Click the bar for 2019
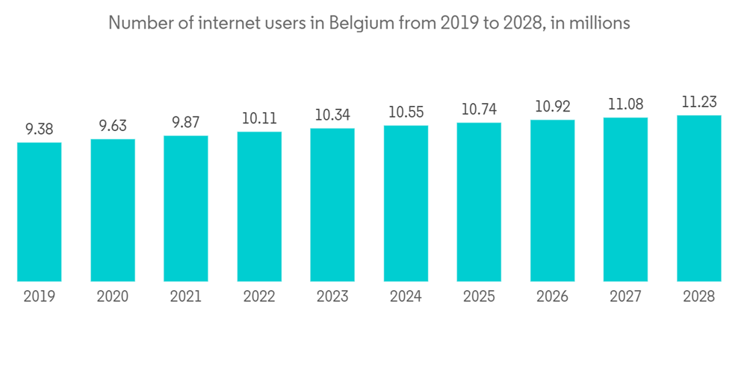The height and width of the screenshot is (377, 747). point(40,212)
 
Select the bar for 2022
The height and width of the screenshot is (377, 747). point(259,206)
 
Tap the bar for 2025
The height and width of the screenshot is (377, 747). point(479,202)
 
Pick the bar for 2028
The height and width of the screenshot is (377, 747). point(699,198)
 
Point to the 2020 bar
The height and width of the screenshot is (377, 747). point(113,210)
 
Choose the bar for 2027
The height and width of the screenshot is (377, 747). point(626,200)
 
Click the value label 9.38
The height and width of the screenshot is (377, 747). point(40,129)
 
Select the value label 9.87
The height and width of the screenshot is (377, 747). point(186,123)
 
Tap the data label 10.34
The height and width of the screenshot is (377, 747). point(332,115)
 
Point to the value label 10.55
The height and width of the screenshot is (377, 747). point(406,112)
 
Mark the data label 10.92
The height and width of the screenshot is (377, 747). point(553,106)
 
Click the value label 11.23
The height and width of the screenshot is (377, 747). point(699,102)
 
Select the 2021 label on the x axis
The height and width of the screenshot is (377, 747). point(186,297)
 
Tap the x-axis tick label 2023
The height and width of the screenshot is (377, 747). point(332,297)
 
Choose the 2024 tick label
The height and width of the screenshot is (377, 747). point(406,297)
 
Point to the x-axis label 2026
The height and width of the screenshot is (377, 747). point(553,297)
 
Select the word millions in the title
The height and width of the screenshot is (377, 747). point(601,23)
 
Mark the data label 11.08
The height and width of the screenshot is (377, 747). point(626,104)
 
